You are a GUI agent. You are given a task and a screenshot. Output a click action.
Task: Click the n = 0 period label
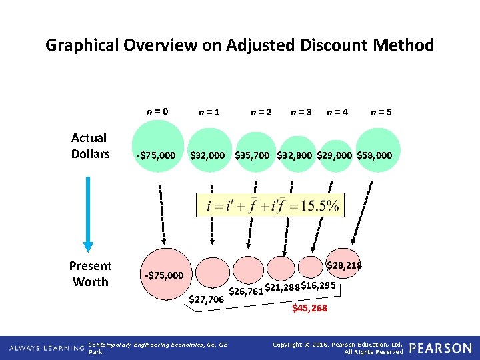pyautogui.click(x=157, y=112)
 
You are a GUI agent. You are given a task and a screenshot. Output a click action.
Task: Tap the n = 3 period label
pyautogui.click(x=302, y=113)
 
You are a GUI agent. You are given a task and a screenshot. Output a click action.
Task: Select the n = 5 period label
pyautogui.click(x=381, y=113)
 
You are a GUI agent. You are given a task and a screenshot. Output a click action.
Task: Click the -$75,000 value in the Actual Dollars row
pyautogui.click(x=156, y=155)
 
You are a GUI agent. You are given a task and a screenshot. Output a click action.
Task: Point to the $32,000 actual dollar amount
pyautogui.click(x=207, y=155)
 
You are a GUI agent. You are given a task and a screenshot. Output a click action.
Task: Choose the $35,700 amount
pyautogui.click(x=252, y=155)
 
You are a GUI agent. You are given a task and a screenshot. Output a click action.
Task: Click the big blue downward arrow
pyautogui.click(x=89, y=207)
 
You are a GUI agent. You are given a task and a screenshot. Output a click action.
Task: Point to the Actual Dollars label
pyautogui.click(x=90, y=146)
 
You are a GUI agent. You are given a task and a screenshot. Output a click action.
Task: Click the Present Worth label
pyautogui.click(x=90, y=274)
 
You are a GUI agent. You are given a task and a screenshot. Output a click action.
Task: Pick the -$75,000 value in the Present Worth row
pyautogui.click(x=164, y=275)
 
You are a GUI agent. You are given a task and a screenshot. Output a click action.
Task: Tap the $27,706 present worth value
pyautogui.click(x=207, y=300)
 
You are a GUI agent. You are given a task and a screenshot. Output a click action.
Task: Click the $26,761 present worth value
pyautogui.click(x=246, y=291)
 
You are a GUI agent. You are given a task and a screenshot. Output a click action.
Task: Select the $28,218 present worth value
pyautogui.click(x=344, y=266)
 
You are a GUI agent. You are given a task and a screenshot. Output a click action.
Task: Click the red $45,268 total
pyautogui.click(x=310, y=308)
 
